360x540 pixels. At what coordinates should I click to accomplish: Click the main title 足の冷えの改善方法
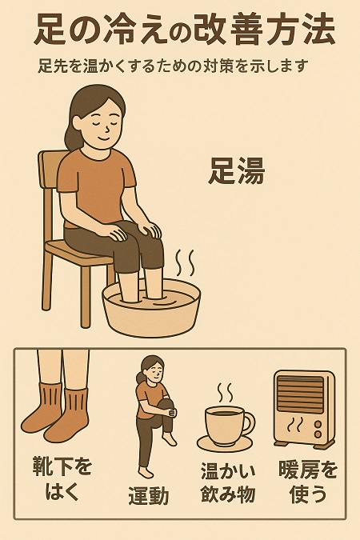tap(184, 30)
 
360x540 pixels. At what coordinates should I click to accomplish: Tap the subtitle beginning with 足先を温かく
tap(172, 66)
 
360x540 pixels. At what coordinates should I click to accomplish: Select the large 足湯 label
tap(236, 171)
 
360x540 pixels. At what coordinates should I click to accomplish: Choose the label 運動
tap(149, 496)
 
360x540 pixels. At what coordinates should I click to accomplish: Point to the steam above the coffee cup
tap(225, 393)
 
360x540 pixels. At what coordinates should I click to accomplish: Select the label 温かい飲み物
tap(228, 483)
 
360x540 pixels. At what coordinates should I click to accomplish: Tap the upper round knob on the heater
tap(318, 423)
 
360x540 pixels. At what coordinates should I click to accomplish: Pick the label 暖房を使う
tap(308, 482)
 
